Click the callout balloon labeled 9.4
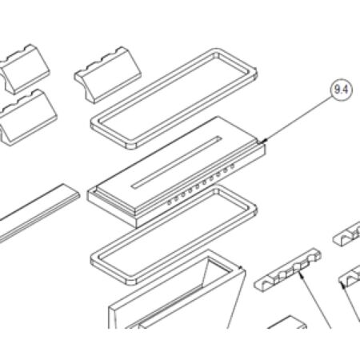pyautogui.click(x=342, y=90)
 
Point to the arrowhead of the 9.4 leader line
pyautogui.click(x=264, y=141)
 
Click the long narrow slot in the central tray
pyautogui.click(x=177, y=162)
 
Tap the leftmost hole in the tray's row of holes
pyautogui.click(x=169, y=202)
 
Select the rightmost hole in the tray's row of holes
pyautogui.click(x=232, y=166)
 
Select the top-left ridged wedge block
pyautogui.click(x=25, y=69)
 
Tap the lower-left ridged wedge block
pyautogui.click(x=28, y=118)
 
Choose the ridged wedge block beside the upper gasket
pyautogui.click(x=108, y=75)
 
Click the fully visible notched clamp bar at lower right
pyautogui.click(x=288, y=270)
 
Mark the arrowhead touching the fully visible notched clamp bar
pyautogui.click(x=301, y=274)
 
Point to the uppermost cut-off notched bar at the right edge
pyautogui.click(x=346, y=234)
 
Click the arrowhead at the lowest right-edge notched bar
pyautogui.click(x=343, y=286)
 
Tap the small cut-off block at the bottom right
pyautogui.click(x=287, y=322)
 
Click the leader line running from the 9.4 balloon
pyautogui.click(x=298, y=118)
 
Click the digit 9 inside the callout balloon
pyautogui.click(x=338, y=90)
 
